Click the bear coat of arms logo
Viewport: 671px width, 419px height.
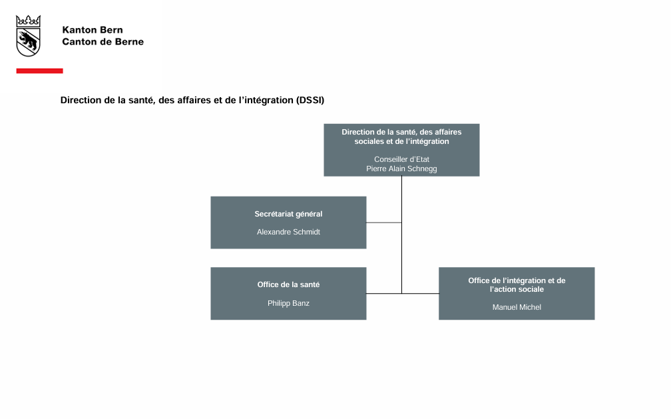[28, 36]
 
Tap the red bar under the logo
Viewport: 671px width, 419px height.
[40, 71]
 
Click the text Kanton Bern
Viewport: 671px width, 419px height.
[93, 30]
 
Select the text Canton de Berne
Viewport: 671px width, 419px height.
[103, 41]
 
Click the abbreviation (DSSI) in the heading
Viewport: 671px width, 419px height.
[310, 100]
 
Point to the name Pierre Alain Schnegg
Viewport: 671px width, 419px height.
[401, 169]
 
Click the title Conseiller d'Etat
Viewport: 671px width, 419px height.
[401, 159]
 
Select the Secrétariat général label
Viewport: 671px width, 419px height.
[288, 214]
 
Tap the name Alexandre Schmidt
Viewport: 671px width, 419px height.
[288, 232]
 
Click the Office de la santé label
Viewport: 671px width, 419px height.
[288, 285]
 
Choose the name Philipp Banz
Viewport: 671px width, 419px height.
[288, 303]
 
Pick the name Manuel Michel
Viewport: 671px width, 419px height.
[517, 307]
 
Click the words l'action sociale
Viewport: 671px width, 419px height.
[517, 289]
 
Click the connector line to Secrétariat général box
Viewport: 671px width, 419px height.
[384, 222]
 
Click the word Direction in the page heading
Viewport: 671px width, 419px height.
[81, 100]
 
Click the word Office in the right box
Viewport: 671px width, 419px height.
[479, 280]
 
